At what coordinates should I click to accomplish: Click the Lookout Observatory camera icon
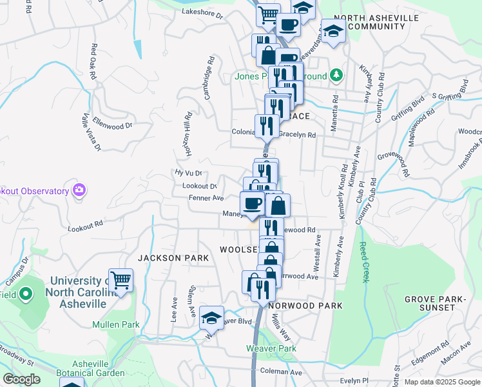[x=79, y=191]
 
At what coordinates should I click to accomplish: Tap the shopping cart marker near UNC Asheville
[x=120, y=280]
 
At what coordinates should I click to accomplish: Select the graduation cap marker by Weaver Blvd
[x=211, y=318]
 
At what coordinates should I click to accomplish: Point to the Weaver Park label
[x=271, y=348]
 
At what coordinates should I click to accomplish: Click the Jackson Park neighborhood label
[x=173, y=258]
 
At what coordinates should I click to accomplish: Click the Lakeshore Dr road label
[x=202, y=12]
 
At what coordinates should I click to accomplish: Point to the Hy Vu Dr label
[x=189, y=173]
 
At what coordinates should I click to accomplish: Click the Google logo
[x=21, y=380]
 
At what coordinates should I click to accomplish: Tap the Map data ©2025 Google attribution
[x=441, y=382]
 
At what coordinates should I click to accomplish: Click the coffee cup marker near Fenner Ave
[x=253, y=204]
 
